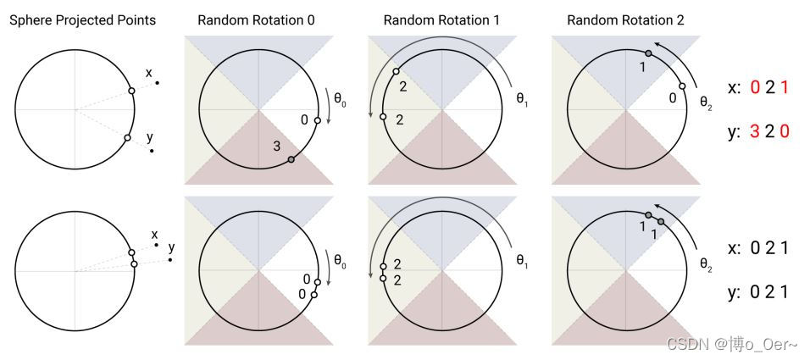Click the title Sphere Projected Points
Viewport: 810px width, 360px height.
82,19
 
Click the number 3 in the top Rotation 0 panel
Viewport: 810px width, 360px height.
276,147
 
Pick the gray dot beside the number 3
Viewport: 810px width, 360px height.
291,159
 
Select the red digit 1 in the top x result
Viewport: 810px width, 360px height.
785,88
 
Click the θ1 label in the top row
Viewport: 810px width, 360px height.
522,97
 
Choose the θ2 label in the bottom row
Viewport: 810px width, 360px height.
706,263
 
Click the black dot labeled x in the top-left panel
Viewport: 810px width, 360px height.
157,82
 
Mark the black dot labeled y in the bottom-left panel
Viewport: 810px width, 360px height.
169,260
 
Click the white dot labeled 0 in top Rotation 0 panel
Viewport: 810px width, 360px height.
317,121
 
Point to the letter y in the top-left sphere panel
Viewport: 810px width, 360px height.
149,136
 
